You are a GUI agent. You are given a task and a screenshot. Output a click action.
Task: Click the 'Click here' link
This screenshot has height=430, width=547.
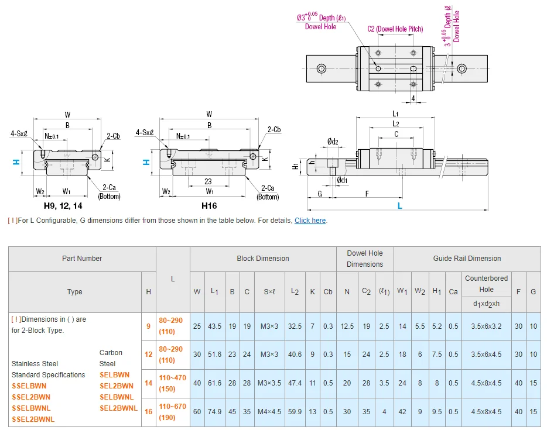[310, 221]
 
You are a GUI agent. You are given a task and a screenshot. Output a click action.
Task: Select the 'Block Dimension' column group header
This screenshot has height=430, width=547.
[262, 259]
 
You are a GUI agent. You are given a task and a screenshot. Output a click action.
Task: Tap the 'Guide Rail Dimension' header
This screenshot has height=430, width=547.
[467, 259]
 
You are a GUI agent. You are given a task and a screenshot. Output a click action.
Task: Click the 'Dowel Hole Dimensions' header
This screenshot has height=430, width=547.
[364, 259]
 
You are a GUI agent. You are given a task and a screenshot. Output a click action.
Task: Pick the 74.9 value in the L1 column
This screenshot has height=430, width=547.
[214, 412]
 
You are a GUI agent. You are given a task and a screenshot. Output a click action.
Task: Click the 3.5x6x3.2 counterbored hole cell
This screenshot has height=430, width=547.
[486, 326]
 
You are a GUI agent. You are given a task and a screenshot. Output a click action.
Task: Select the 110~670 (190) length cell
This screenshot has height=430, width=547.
[172, 412]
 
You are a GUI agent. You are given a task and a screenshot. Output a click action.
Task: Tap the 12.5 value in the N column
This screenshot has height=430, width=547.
[347, 326]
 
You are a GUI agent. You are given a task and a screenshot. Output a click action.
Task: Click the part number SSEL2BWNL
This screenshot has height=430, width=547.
[33, 419]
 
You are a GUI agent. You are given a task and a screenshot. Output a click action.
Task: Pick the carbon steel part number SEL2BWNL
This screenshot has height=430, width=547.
[118, 408]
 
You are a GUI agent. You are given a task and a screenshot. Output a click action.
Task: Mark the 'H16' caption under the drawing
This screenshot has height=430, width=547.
[209, 206]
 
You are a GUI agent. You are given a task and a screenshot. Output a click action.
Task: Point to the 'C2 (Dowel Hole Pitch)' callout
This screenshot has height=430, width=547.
[395, 29]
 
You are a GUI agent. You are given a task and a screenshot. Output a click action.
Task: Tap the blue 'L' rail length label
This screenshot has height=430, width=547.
[400, 206]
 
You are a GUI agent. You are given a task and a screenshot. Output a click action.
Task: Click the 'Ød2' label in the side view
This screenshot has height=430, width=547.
[333, 142]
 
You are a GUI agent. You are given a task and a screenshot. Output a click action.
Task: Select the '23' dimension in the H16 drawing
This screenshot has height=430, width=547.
[208, 181]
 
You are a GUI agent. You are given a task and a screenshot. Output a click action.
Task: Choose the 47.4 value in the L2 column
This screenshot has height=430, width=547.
[295, 383]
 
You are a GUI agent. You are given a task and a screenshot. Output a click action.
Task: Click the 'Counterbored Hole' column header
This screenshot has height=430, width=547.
[486, 284]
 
